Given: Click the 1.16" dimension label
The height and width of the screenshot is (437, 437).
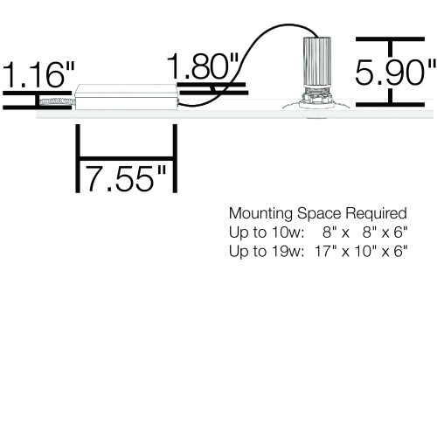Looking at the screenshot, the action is (x=38, y=74).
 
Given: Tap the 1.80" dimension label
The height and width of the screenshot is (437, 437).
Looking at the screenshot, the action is (x=203, y=66).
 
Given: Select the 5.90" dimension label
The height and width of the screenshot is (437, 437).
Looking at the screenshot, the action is (x=396, y=72).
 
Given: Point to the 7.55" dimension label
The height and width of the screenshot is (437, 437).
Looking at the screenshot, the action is (x=126, y=178).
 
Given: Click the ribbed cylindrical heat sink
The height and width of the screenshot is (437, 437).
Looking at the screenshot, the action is (x=316, y=62).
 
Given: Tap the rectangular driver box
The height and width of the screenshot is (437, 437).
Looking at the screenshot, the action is (x=126, y=97).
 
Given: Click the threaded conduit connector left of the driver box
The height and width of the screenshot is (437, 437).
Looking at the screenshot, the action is (x=57, y=101).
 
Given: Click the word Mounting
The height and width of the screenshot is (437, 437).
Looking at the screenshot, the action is (x=260, y=214).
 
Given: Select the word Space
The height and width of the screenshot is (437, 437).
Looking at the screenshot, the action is (x=319, y=213).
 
